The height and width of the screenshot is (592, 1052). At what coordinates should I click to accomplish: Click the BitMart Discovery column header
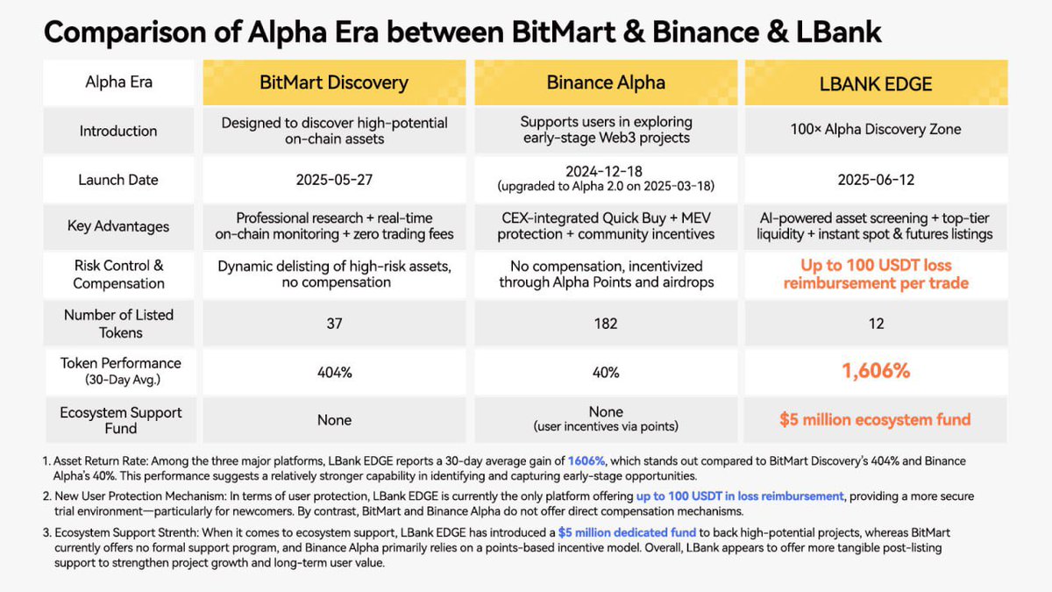click(334, 82)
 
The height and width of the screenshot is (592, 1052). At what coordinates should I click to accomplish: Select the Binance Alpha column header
click(606, 82)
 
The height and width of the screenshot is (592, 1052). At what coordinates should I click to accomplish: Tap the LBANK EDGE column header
click(876, 84)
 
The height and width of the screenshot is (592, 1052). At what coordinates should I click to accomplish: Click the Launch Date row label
click(118, 180)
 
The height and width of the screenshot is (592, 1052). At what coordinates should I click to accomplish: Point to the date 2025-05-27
click(334, 180)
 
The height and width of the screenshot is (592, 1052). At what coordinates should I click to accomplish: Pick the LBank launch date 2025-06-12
click(876, 180)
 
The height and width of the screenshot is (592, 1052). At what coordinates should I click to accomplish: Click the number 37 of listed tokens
click(334, 324)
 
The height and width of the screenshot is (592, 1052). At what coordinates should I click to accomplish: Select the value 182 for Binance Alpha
click(606, 324)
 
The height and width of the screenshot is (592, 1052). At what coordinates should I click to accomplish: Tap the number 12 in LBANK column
click(876, 324)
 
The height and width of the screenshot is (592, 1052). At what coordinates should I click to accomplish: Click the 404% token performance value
click(334, 372)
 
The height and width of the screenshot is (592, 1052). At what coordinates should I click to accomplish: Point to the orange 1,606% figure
click(876, 371)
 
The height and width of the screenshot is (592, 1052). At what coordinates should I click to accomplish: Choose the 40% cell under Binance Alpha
click(606, 372)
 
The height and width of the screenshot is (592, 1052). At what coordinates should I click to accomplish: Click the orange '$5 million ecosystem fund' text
click(876, 419)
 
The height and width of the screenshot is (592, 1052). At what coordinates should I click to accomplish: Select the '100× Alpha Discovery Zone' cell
click(876, 130)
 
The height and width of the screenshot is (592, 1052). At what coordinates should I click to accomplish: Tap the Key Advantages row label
click(118, 226)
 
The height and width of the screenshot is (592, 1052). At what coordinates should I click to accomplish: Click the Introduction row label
click(118, 131)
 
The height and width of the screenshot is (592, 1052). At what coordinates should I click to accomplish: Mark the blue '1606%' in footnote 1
click(586, 460)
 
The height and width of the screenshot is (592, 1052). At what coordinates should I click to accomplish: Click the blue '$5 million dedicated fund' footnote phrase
click(628, 531)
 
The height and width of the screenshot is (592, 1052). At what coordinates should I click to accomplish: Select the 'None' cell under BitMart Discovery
click(334, 420)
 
